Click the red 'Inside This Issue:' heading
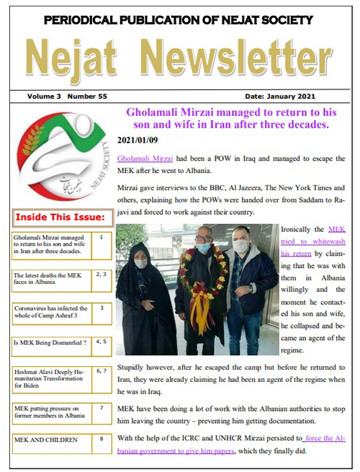pyautogui.click(x=60, y=217)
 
